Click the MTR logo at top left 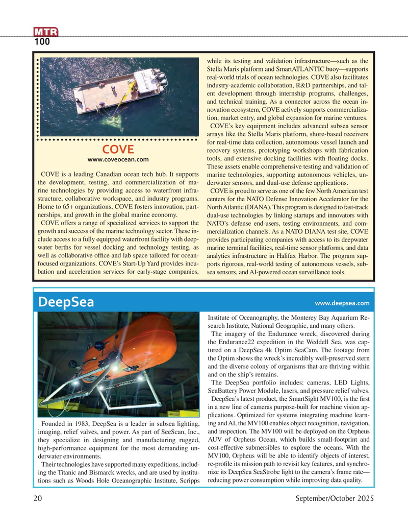[46, 33]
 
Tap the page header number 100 [42, 42]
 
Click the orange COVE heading [118, 150]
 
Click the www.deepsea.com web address [342, 303]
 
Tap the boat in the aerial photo [121, 90]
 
